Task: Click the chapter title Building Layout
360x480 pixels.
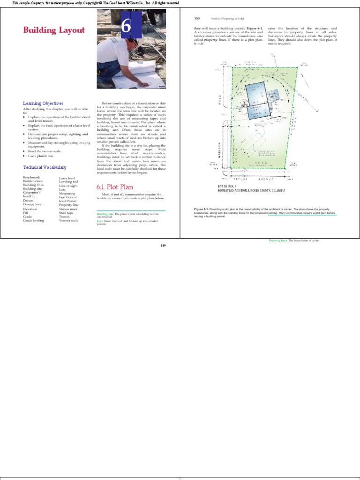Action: tap(54, 30)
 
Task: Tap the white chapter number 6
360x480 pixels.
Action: tap(126, 27)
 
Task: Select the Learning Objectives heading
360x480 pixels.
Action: tap(43, 103)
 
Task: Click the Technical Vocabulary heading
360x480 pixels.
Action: tap(45, 167)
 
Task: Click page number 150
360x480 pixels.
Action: tap(197, 18)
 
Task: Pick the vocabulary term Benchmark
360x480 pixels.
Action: tap(31, 178)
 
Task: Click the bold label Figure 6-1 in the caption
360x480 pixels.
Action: tap(201, 209)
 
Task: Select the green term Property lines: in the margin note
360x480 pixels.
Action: tap(278, 240)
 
